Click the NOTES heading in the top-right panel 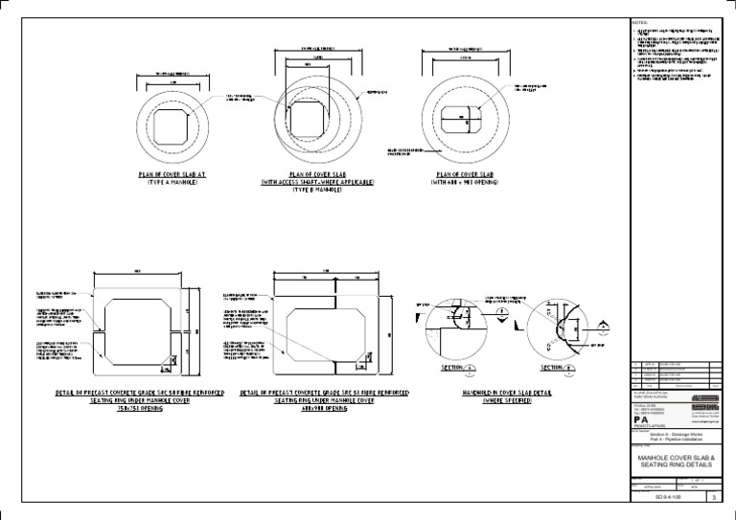640,22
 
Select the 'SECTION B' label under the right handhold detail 556,367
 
